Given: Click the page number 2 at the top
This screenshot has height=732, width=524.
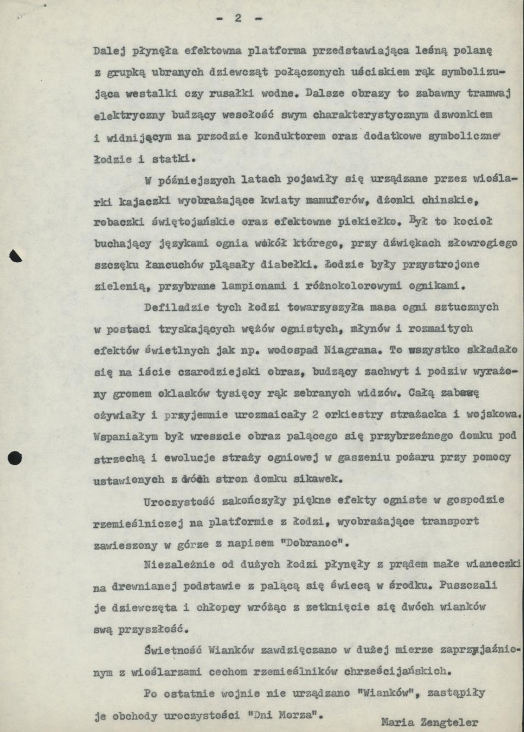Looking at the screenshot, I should point(239,18).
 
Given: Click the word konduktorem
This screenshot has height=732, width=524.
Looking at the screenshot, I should point(291,136).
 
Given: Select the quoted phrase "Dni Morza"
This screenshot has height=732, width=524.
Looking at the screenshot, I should point(286,716).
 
